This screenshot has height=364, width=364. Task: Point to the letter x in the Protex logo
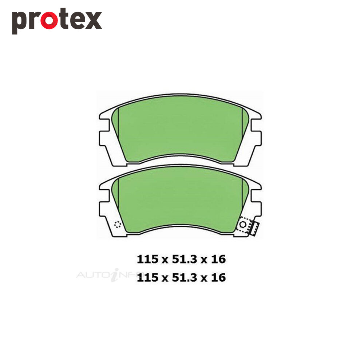coord(93,20)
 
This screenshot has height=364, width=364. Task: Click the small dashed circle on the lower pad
coord(118,225)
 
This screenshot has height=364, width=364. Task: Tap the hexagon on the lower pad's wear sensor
coord(242,225)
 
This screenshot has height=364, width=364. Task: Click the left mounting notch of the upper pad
coord(104,125)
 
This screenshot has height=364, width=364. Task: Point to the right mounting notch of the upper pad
coord(256,125)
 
